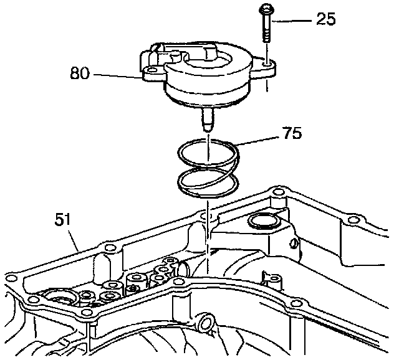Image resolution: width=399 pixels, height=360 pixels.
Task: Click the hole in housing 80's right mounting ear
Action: pyautogui.click(x=267, y=64)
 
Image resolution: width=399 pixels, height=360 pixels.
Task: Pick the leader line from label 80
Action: pyautogui.click(x=125, y=77)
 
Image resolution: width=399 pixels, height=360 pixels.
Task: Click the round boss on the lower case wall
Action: pyautogui.click(x=205, y=323)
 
